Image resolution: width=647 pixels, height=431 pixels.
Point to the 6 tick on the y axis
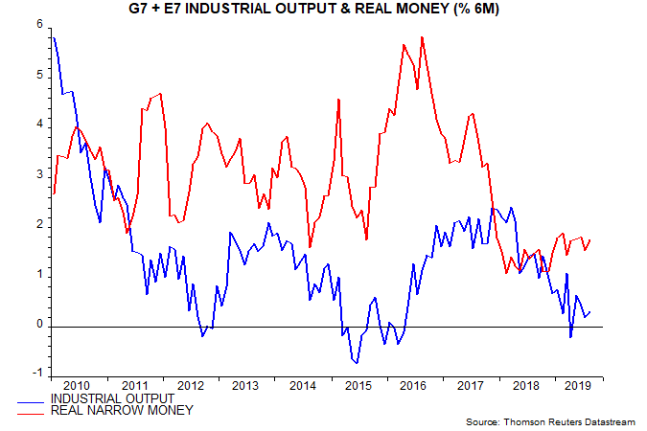click(x=40, y=25)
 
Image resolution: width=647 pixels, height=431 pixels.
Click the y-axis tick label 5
click(x=40, y=75)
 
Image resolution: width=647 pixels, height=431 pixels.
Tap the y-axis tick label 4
click(x=40, y=125)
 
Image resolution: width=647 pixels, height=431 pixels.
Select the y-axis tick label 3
click(x=40, y=175)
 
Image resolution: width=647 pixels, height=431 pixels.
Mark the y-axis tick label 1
click(x=40, y=275)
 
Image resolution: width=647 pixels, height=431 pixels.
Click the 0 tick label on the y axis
click(x=40, y=325)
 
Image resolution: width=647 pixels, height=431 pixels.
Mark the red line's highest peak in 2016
click(x=422, y=37)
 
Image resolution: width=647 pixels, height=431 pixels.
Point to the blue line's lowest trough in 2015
click(x=357, y=363)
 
